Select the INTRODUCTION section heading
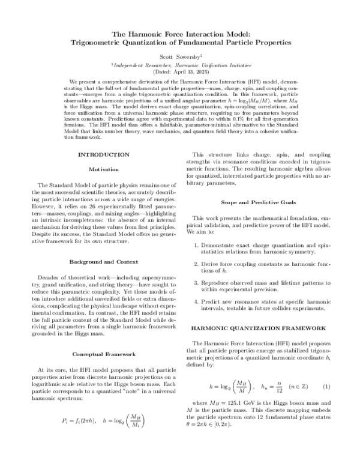104,154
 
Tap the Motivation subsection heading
104,169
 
